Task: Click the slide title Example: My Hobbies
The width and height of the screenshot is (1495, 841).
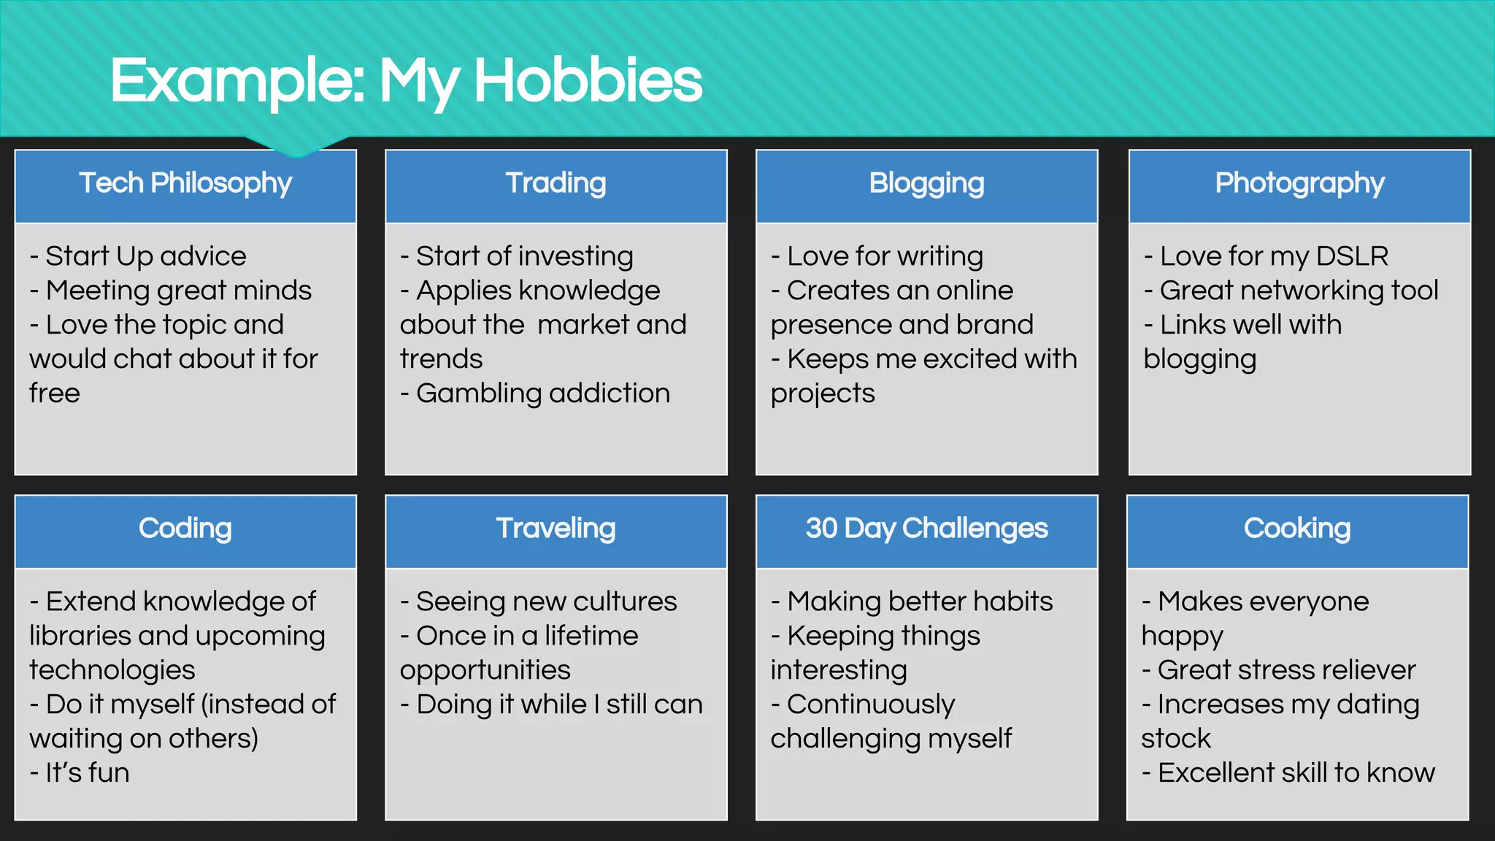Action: pyautogui.click(x=406, y=80)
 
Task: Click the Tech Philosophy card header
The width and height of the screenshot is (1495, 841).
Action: pyautogui.click(x=185, y=183)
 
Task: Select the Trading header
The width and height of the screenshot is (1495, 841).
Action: pyautogui.click(x=556, y=183)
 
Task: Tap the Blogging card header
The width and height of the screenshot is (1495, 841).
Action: pyautogui.click(x=926, y=183)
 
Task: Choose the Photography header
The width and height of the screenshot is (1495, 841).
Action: pyautogui.click(x=1299, y=183)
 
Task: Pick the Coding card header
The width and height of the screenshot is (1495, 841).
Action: pyautogui.click(x=185, y=529)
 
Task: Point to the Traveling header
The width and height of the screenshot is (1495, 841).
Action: pyautogui.click(x=556, y=529)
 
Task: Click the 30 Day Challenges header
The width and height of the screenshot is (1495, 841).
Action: pyautogui.click(x=926, y=529)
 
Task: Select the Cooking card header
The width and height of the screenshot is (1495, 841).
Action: pyautogui.click(x=1297, y=529)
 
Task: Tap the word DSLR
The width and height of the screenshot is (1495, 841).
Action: pyautogui.click(x=1352, y=256)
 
